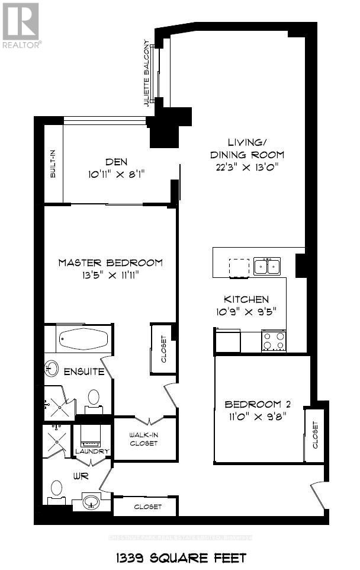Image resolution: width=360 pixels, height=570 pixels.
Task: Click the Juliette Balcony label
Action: (146, 74)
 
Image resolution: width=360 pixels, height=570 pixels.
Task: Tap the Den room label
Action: (117, 162)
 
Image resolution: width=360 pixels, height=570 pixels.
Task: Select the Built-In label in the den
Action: (53, 164)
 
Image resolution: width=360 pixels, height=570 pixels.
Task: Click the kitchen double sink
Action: (267, 266)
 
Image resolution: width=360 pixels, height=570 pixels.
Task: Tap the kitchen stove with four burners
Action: (274, 341)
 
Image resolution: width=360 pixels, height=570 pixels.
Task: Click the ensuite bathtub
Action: (82, 339)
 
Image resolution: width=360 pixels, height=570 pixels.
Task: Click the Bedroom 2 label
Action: (258, 404)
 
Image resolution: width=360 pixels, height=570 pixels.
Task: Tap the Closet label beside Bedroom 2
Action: (314, 435)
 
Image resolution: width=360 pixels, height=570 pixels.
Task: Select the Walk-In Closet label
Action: (144, 439)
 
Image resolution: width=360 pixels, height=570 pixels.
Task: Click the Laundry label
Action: (92, 451)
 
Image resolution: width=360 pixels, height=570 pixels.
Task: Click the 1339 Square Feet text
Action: (179, 557)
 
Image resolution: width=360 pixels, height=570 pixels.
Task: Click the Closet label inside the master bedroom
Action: (164, 350)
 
